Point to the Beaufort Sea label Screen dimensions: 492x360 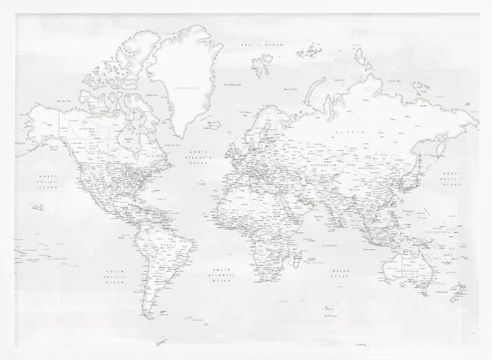coord(64,101)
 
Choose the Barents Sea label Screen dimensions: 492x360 coord(291,89)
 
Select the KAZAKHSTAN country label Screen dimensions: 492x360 coord(322,165)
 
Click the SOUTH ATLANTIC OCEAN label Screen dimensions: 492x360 coord(222,275)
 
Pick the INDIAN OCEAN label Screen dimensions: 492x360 coord(339,273)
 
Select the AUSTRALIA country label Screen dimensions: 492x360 coord(408,271)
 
